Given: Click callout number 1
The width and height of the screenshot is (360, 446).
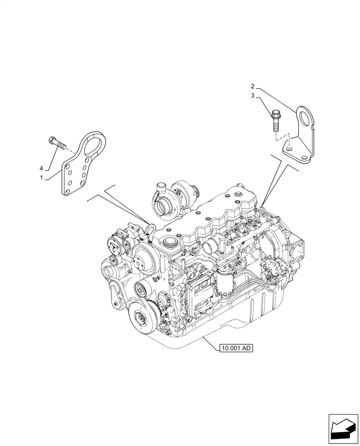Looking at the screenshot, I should point(41,178).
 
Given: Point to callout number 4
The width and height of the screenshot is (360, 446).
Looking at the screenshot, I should point(41,168).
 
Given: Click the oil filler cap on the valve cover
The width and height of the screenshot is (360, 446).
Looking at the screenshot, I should point(170,244).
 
